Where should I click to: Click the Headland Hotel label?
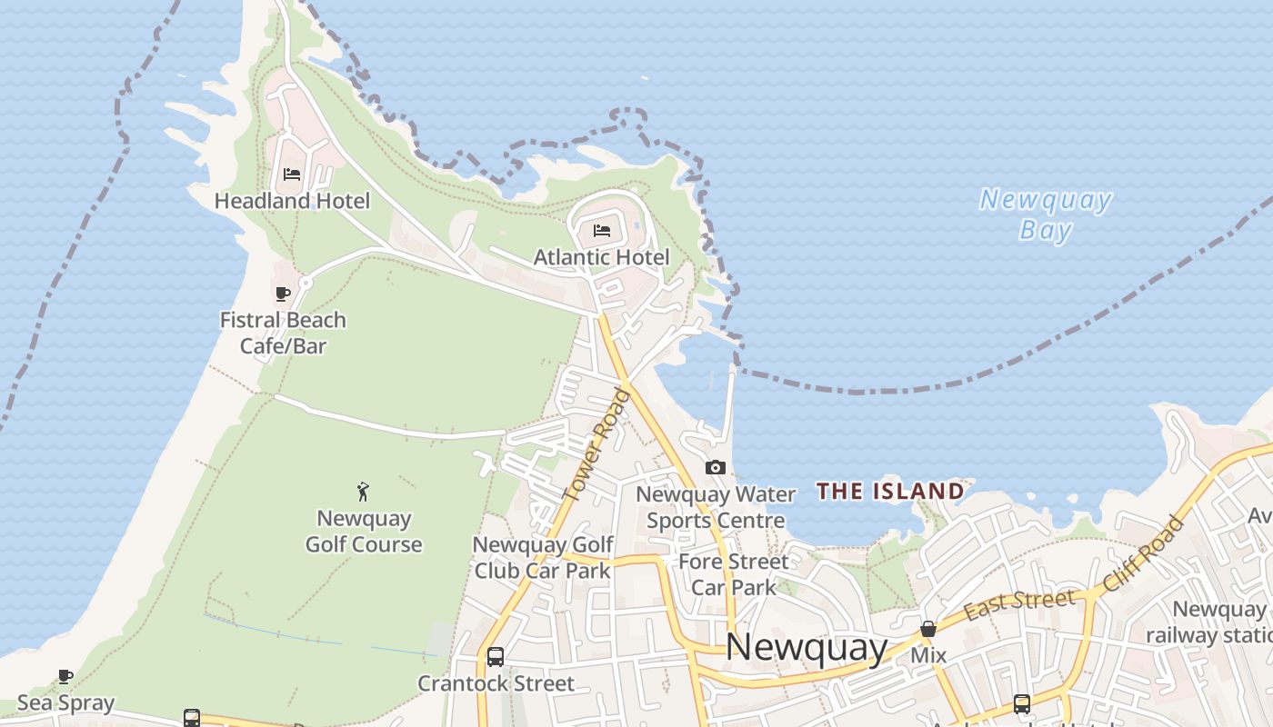point(292,201)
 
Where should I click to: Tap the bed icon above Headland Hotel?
point(292,174)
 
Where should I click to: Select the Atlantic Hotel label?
point(601,257)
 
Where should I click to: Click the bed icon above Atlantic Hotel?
point(602,231)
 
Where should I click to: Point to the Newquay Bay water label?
point(1046,214)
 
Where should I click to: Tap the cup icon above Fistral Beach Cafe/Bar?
point(283,294)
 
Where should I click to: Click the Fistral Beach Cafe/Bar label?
point(283,333)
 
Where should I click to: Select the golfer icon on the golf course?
point(364,492)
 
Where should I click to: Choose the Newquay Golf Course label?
point(364,532)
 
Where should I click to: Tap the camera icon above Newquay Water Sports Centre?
point(716,468)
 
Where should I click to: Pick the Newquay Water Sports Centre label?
point(716,507)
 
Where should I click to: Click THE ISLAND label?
point(889,492)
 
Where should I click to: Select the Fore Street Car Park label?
point(734,574)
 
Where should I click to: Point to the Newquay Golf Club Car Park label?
point(543,557)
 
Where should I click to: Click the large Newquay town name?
point(807,647)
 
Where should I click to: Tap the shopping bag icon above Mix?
point(928,629)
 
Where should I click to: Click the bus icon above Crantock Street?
point(496,656)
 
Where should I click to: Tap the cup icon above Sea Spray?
point(65,676)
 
